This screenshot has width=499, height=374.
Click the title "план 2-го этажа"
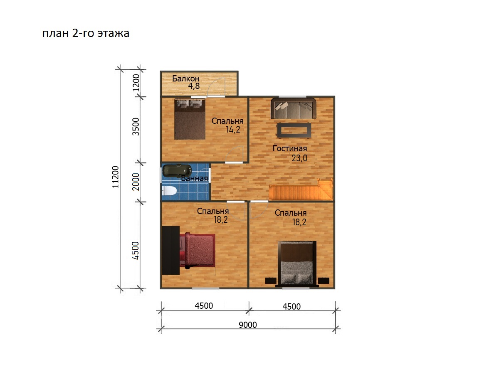pyautogui.click(x=86, y=33)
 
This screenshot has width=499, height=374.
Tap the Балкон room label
pyautogui.click(x=186, y=79)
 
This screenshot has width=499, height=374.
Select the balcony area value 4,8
pyautogui.click(x=194, y=86)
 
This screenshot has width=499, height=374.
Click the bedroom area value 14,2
pyautogui.click(x=233, y=129)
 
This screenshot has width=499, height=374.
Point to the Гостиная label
pyautogui.click(x=290, y=148)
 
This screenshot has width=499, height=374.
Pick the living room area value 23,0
pyautogui.click(x=299, y=158)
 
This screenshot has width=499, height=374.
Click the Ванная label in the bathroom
pyautogui.click(x=194, y=178)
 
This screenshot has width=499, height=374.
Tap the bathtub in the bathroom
pyautogui.click(x=177, y=171)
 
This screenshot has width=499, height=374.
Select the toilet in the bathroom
pyautogui.click(x=169, y=191)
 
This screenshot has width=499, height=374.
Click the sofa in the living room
pyautogui.click(x=293, y=108)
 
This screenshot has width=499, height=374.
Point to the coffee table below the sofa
pyautogui.click(x=294, y=130)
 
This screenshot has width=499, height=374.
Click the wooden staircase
pyautogui.click(x=301, y=189)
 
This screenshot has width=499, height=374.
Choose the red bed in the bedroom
pyautogui.click(x=198, y=250)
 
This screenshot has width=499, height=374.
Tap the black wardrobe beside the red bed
pyautogui.click(x=171, y=250)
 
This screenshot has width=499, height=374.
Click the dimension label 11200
pyautogui.click(x=116, y=177)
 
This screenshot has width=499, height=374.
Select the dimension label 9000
pyautogui.click(x=247, y=325)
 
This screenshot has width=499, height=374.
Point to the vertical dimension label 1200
pyautogui.click(x=136, y=83)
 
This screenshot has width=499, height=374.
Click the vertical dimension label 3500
pyautogui.click(x=136, y=127)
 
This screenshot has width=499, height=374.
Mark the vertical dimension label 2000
pyautogui.click(x=136, y=182)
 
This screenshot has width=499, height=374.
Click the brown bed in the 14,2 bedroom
pyautogui.click(x=190, y=119)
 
